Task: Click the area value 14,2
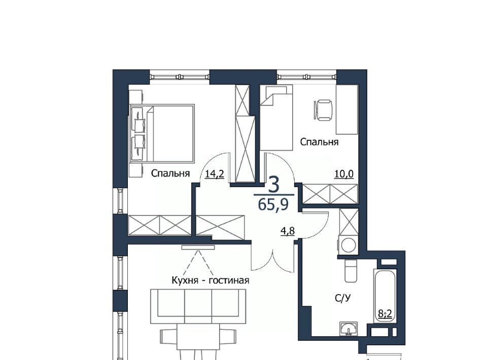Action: click(214, 174)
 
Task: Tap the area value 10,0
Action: click(344, 174)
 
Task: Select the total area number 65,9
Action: click(273, 204)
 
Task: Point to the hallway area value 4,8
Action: click(288, 231)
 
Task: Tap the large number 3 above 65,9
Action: click(273, 185)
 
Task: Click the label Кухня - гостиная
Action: click(210, 280)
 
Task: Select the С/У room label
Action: click(343, 298)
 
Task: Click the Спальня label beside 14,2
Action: click(170, 173)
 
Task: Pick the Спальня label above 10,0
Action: click(319, 142)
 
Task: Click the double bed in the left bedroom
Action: click(162, 133)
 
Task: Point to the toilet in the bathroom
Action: click(351, 271)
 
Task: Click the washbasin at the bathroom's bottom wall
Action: click(349, 329)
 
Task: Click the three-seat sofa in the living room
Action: click(198, 306)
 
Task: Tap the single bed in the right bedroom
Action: click(276, 118)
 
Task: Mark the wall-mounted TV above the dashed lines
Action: click(198, 247)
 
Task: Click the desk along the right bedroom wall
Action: click(347, 110)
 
